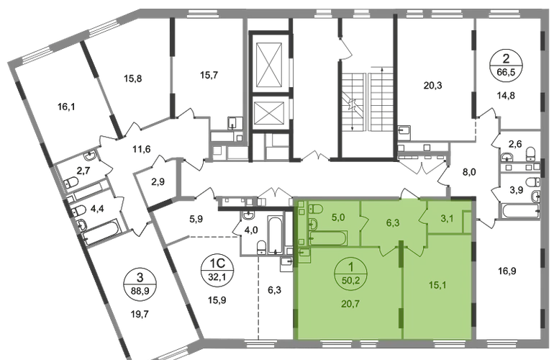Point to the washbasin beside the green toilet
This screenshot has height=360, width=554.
tap(301, 208)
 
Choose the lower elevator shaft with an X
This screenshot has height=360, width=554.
tap(268, 115)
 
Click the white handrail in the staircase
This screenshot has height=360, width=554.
tap(367, 101)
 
